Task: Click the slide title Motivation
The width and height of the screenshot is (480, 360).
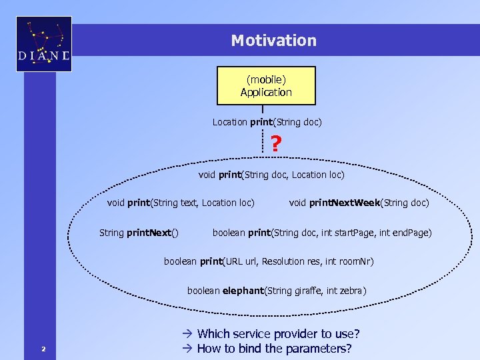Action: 273,41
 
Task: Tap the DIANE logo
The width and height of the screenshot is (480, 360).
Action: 44,44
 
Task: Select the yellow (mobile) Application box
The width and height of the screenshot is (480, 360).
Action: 266,86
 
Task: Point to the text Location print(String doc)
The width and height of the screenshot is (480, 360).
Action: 267,122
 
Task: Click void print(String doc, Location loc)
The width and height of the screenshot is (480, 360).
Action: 271,175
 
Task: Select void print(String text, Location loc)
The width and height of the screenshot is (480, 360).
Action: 181,203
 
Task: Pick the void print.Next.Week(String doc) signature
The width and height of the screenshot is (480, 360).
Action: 359,203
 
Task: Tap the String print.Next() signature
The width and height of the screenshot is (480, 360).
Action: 139,233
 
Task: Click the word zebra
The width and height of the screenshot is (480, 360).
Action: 351,291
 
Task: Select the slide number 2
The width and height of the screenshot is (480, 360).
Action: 43,349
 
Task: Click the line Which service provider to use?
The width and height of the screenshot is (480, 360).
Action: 278,334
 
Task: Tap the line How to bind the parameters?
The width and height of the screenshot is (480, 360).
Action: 274,349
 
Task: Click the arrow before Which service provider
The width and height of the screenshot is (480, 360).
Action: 187,334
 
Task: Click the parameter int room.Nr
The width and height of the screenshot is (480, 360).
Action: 351,261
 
